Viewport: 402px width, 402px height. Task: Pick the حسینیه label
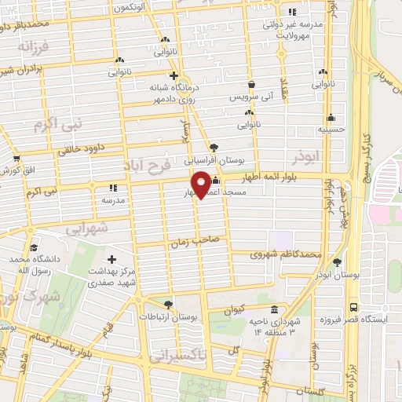[331, 129]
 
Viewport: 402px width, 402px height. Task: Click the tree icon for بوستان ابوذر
[338, 262]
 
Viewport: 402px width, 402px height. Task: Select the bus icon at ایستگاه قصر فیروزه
[353, 307]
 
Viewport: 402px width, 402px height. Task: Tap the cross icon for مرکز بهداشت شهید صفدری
[111, 260]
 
